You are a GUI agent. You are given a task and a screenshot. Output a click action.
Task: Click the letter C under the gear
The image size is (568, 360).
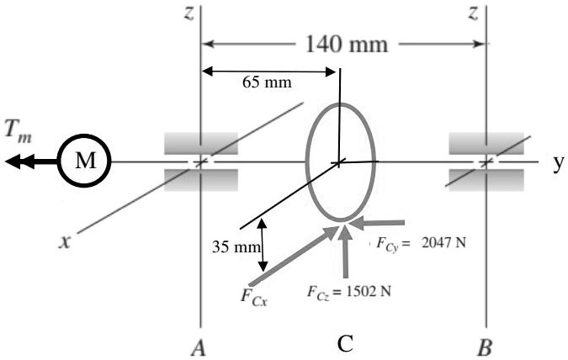[344, 344]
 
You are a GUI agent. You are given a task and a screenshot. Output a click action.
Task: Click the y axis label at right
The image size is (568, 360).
[557, 161]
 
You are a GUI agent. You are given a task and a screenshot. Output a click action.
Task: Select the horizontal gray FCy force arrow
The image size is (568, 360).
[386, 223]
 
